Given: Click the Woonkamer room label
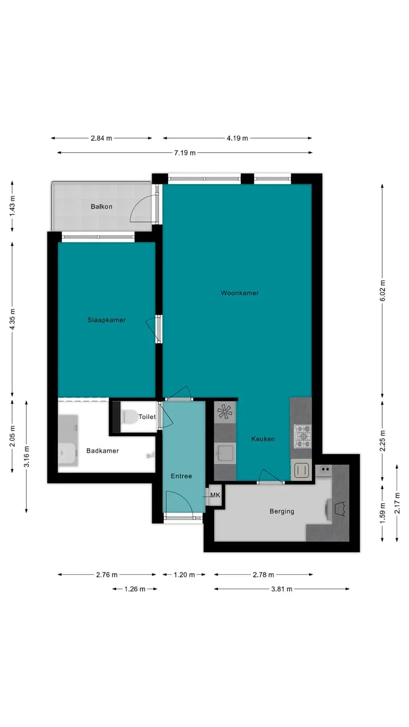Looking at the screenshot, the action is pos(240,293).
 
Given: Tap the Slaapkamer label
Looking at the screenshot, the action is pos(106,320).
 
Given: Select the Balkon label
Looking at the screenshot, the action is pos(102,207).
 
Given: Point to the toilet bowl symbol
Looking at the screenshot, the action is pos(130,417).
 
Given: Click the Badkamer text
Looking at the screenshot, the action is pos(103,451).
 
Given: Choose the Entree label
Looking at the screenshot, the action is pos(181,476).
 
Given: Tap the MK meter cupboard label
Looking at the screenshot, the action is pos(215,495).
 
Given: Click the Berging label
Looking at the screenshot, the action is pos(282,512).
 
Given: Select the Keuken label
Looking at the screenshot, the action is pos(263,439).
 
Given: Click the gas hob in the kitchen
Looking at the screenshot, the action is pos(303,436).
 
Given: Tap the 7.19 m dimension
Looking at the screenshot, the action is pos(185,153).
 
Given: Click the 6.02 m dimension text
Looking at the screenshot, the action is pos(382,290).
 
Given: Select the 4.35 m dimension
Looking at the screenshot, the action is pos(12,319).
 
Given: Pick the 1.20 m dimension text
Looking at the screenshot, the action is pos(185,575).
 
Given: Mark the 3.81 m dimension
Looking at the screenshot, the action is pos(282,589).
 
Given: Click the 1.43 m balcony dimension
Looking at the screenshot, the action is pos(12,207).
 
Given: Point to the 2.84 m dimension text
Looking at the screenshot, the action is pos(101,138).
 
